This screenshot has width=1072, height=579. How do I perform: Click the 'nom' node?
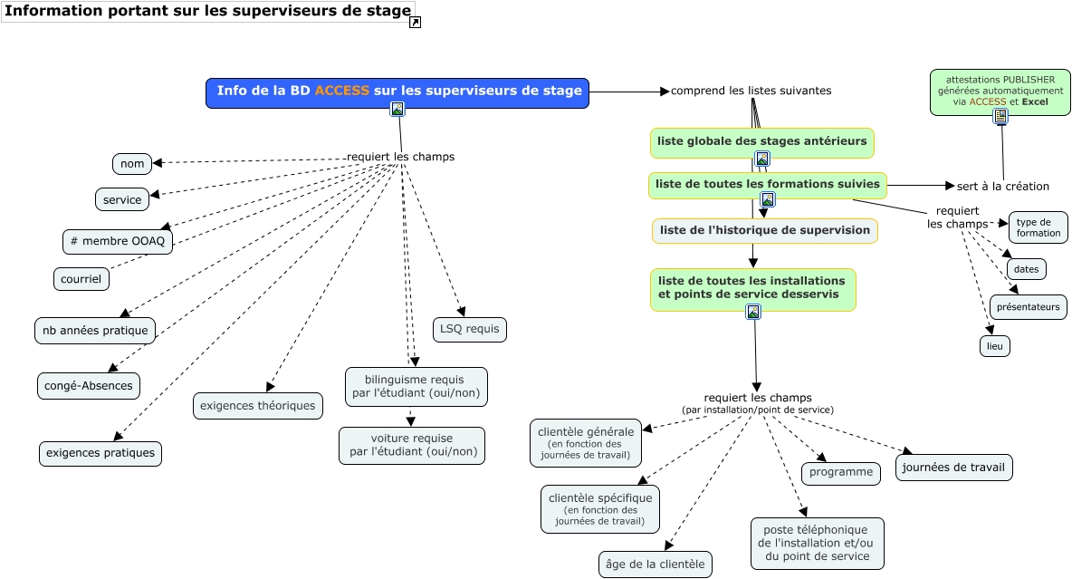(132, 164)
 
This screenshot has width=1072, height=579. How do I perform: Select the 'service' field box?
(122, 199)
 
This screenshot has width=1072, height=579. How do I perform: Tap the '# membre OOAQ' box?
(118, 242)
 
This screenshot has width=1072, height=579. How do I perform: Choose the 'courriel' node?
(81, 279)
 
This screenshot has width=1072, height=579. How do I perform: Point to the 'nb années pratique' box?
(95, 330)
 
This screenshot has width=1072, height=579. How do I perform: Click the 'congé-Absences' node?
(89, 386)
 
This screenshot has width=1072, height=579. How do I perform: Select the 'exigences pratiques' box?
(100, 453)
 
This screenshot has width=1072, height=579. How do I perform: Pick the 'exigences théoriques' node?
(258, 406)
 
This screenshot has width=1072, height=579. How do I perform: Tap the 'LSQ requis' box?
(469, 330)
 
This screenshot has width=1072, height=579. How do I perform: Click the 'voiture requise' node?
(412, 445)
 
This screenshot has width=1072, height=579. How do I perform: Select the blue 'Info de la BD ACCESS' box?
(397, 92)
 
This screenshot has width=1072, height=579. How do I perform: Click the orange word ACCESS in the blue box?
(341, 91)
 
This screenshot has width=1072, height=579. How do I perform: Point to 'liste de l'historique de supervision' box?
(764, 230)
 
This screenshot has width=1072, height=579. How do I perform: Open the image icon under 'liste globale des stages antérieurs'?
(762, 159)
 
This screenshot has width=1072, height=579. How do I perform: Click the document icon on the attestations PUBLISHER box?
(1000, 116)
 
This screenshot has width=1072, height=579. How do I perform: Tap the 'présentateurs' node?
(1028, 307)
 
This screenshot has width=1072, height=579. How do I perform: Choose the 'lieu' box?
(994, 346)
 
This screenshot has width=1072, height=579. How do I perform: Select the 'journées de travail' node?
(953, 468)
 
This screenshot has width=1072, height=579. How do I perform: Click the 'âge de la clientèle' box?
(656, 565)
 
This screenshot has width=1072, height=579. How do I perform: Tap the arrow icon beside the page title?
(415, 23)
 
